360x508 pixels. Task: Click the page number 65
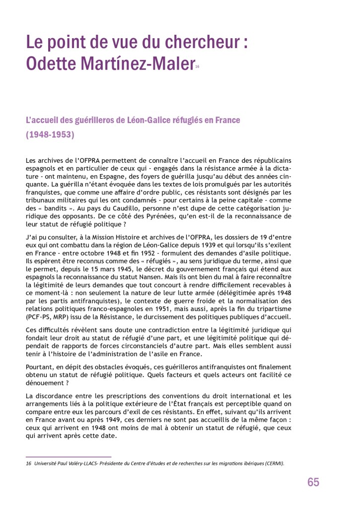[x=313, y=482]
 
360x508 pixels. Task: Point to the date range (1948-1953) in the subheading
[x=50, y=134]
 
